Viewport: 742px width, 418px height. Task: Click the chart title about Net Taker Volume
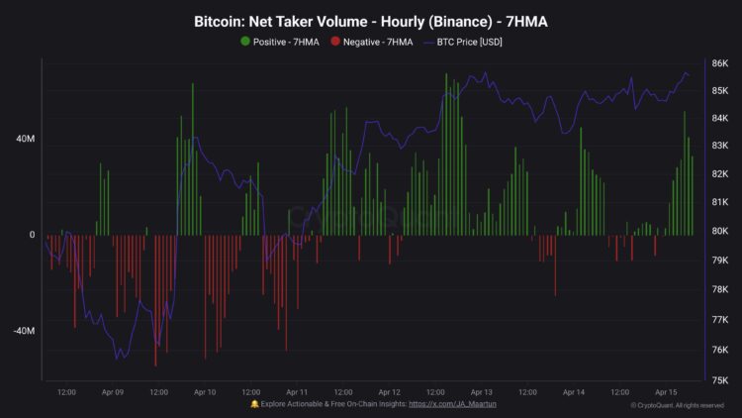[x=371, y=21]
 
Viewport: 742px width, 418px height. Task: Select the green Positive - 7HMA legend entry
[x=280, y=42]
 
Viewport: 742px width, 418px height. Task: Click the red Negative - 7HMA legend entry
[x=371, y=42]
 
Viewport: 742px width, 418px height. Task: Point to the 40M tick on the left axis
[x=25, y=140]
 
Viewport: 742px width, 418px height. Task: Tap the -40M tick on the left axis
[x=24, y=331]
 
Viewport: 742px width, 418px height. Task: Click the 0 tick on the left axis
[x=32, y=236]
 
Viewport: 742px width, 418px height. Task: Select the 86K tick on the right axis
[x=720, y=63]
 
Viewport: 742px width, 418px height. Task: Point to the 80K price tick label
[x=720, y=232]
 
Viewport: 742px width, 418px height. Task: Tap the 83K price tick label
[x=720, y=146]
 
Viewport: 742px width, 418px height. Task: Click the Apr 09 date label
[x=112, y=392]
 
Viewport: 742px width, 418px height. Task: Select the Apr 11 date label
[x=297, y=392]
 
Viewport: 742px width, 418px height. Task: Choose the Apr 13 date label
[x=481, y=392]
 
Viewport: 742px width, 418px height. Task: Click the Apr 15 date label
[x=666, y=392]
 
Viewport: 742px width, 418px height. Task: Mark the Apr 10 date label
[x=204, y=392]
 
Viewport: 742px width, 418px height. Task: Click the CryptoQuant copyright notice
[x=678, y=405]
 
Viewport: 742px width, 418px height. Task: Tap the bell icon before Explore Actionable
[x=255, y=405]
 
